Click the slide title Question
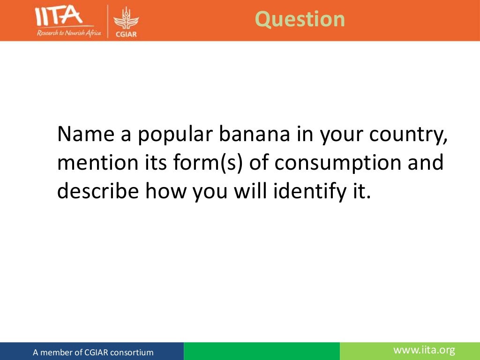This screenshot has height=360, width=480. [x=300, y=19]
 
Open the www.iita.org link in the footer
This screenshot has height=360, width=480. [x=424, y=350]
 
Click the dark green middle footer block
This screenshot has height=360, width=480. [x=262, y=351]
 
